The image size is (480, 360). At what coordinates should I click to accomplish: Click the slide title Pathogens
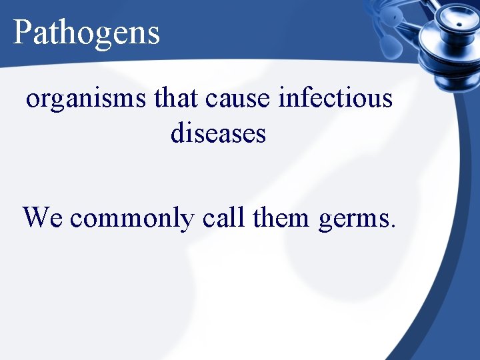[x=87, y=32]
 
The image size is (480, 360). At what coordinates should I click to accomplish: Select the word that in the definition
[x=177, y=98]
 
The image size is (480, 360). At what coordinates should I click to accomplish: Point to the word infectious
[x=335, y=98]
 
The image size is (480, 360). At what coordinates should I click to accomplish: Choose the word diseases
[x=218, y=133]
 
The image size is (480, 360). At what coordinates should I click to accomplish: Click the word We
[x=43, y=217]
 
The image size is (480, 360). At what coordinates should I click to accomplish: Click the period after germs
[x=393, y=225]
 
